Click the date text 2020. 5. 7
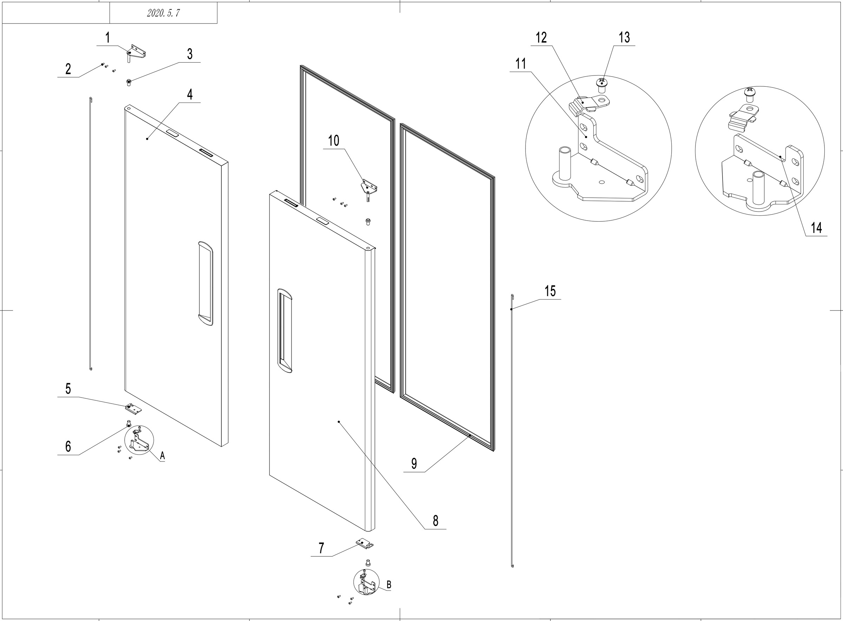pos(163,13)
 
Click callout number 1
pos(107,38)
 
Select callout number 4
pos(190,94)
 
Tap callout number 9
pos(414,464)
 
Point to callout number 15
pos(550,291)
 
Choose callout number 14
pos(816,228)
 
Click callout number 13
pos(624,37)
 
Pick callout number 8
pos(435,521)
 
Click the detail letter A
pos(162,456)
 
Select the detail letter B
pos(389,584)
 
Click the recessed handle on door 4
pos(205,283)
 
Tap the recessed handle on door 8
pos(285,331)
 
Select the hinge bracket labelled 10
pos(369,187)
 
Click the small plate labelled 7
pos(364,543)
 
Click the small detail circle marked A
pos(139,440)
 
